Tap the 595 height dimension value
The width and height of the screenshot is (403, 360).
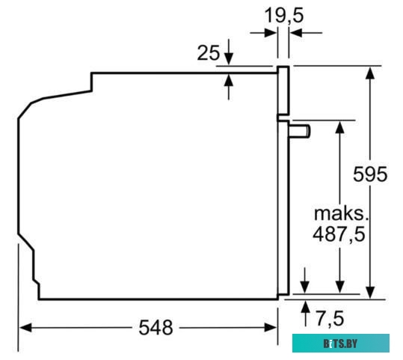click(x=371, y=174)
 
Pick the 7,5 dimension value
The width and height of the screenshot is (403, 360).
click(x=328, y=319)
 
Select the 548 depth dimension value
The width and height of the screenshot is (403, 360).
click(x=156, y=327)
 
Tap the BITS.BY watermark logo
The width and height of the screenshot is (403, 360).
click(x=340, y=343)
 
